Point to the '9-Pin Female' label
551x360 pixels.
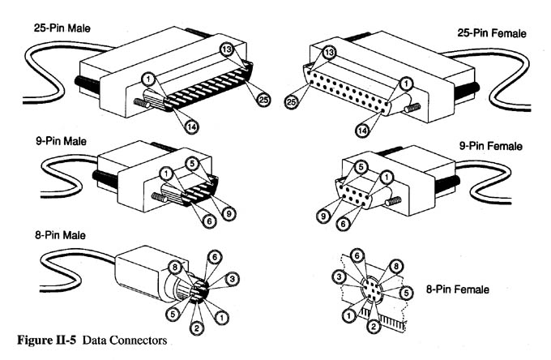491,147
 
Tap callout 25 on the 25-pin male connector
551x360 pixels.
264,100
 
